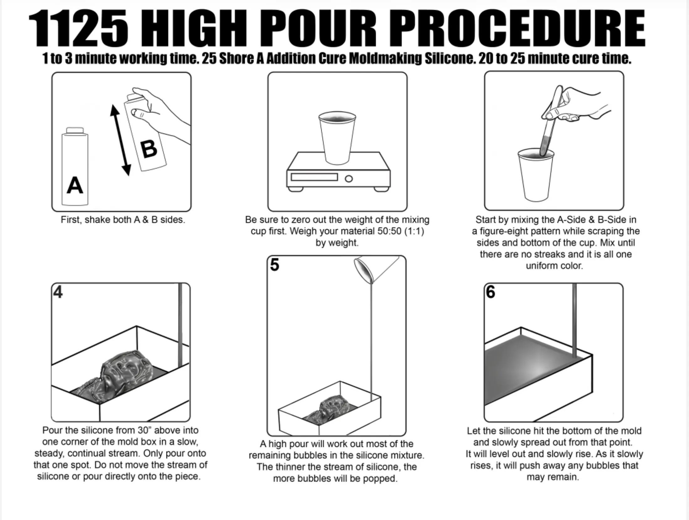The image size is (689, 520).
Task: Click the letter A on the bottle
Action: point(75,185)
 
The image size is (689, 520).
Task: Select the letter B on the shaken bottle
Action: point(149,149)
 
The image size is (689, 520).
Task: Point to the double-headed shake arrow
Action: point(120,140)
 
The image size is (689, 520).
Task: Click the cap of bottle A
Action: point(75,130)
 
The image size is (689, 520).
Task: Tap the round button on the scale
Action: point(349,179)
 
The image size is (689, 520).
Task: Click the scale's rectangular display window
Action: point(314,177)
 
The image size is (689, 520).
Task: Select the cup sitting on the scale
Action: point(337,138)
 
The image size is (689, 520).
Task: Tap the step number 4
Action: point(58,292)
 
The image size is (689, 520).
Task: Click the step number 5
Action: point(274,265)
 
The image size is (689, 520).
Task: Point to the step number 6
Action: point(491,292)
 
